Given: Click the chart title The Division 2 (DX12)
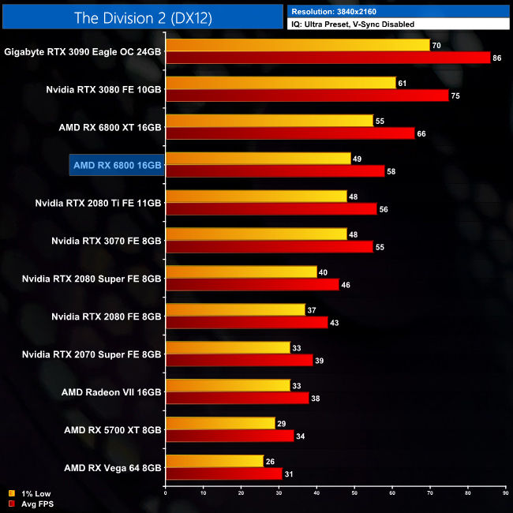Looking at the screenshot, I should point(143,17).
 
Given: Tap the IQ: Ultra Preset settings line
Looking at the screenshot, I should point(353,24).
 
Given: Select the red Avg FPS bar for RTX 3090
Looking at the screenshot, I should point(328,58).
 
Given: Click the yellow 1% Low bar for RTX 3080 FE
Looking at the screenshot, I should point(280,83).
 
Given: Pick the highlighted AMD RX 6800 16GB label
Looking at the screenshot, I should point(116,165).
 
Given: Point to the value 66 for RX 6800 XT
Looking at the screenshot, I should point(421,133).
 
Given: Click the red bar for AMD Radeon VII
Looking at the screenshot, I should point(237,399).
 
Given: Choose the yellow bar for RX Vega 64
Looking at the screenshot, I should point(214,461).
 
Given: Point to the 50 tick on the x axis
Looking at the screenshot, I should point(354,495).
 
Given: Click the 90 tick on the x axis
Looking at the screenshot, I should point(505,495).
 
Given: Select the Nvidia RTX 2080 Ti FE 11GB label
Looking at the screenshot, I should point(98,203).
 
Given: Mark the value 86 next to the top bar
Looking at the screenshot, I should point(497,58).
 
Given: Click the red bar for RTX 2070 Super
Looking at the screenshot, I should point(239,361).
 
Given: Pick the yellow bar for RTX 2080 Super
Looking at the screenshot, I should point(241,272).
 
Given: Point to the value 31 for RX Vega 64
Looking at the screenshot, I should point(289,474).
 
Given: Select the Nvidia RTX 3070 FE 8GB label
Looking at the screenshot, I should point(106,241).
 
